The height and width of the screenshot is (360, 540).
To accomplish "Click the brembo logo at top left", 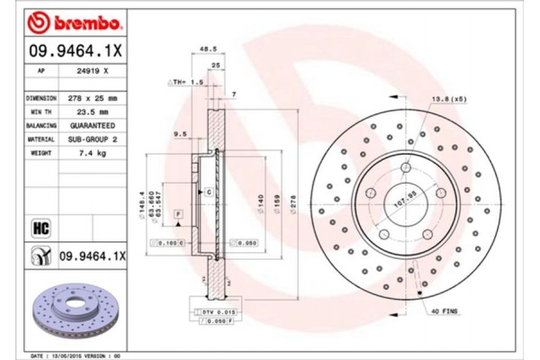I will (x=66, y=20).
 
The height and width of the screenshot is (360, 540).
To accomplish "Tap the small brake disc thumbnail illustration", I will (x=70, y=310).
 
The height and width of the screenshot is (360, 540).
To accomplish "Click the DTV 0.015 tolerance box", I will (x=211, y=310).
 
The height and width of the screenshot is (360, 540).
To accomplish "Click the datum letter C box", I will (x=208, y=193).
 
